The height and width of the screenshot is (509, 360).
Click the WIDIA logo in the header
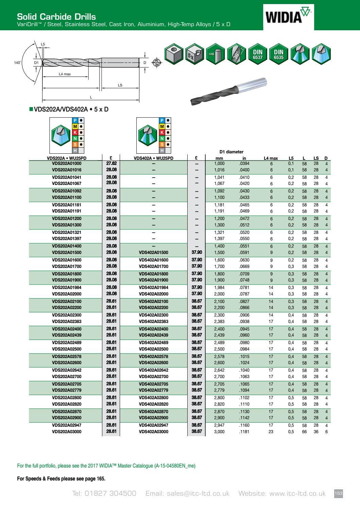(288, 16)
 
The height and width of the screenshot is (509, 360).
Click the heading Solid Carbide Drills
(56, 16)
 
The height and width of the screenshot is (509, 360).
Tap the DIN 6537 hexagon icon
(257, 54)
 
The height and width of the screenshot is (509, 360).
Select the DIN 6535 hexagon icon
(278, 54)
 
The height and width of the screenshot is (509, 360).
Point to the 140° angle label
(17, 63)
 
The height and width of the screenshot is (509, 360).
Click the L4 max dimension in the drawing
(65, 74)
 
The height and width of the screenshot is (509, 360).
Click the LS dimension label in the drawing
(120, 85)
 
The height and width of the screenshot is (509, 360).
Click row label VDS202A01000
(67, 164)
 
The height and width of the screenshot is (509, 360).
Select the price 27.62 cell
(111, 164)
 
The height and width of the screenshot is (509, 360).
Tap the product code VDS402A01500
(153, 253)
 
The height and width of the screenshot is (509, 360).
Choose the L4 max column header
(271, 158)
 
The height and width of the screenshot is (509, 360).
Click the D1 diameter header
(231, 152)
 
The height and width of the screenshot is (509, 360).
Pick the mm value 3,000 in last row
(219, 432)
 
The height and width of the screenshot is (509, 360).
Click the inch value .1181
(244, 432)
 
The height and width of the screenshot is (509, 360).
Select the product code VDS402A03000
(153, 432)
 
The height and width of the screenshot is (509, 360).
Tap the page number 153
(338, 493)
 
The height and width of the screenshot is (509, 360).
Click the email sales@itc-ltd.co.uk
(187, 493)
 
